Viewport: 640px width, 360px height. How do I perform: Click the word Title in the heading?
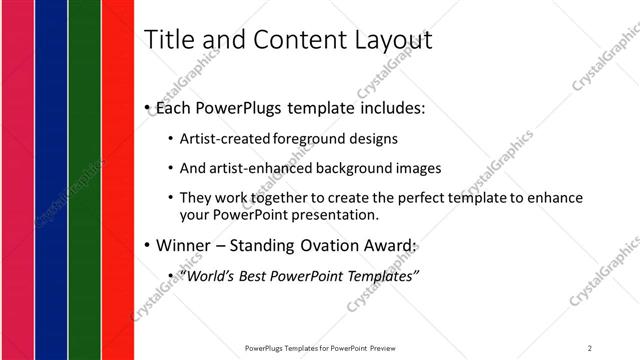171,40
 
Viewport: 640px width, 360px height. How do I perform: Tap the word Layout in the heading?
390,41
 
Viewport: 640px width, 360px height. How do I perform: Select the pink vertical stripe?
17,180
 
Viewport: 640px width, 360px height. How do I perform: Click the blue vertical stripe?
51,180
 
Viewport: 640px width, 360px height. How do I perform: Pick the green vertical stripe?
85,180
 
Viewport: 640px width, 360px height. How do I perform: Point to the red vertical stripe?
119,180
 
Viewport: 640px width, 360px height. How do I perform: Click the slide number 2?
590,348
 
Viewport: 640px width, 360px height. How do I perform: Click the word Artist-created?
221,139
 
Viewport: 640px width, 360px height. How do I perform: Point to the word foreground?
305,139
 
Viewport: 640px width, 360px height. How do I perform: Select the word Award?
385,245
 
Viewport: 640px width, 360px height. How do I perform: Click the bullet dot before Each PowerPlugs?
148,108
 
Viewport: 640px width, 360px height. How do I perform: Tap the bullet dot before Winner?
148,245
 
